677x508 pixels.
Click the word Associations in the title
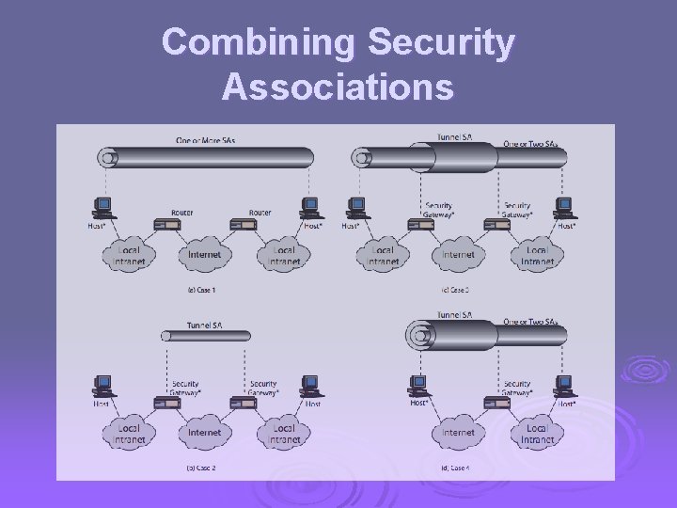(x=338, y=87)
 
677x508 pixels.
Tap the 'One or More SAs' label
(x=205, y=140)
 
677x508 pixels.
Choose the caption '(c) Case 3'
(x=457, y=290)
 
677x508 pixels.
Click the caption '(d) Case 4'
(x=457, y=468)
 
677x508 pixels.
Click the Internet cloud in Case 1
(x=204, y=254)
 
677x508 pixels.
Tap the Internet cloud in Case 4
(x=458, y=433)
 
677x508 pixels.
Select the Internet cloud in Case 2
(x=204, y=433)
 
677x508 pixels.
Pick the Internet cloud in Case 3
(x=458, y=254)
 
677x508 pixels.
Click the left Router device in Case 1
(x=167, y=225)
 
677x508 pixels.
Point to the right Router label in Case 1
(x=260, y=213)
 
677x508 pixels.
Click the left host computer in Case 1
(x=102, y=207)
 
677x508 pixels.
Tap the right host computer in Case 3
(x=564, y=207)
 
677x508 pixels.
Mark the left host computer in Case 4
(x=418, y=386)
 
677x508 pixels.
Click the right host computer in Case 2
(x=310, y=386)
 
